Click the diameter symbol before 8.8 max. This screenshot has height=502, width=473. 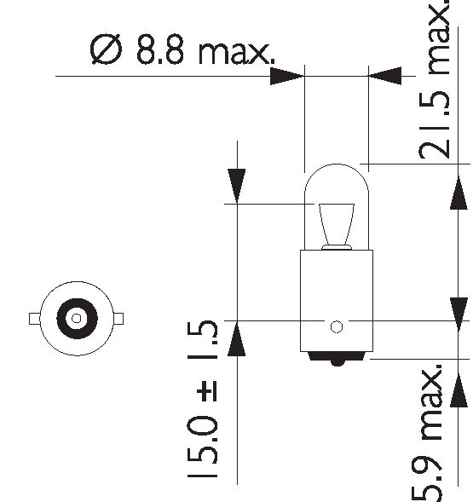point(106,49)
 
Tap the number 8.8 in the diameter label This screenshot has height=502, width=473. point(160,49)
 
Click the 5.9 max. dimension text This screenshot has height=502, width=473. point(428,433)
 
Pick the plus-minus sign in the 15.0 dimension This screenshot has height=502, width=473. point(207,391)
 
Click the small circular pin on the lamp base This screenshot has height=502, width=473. point(337,327)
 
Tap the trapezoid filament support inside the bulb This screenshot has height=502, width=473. point(337,226)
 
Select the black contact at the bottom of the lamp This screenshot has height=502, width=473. point(337,358)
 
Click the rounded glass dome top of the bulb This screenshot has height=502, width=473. point(337,164)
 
